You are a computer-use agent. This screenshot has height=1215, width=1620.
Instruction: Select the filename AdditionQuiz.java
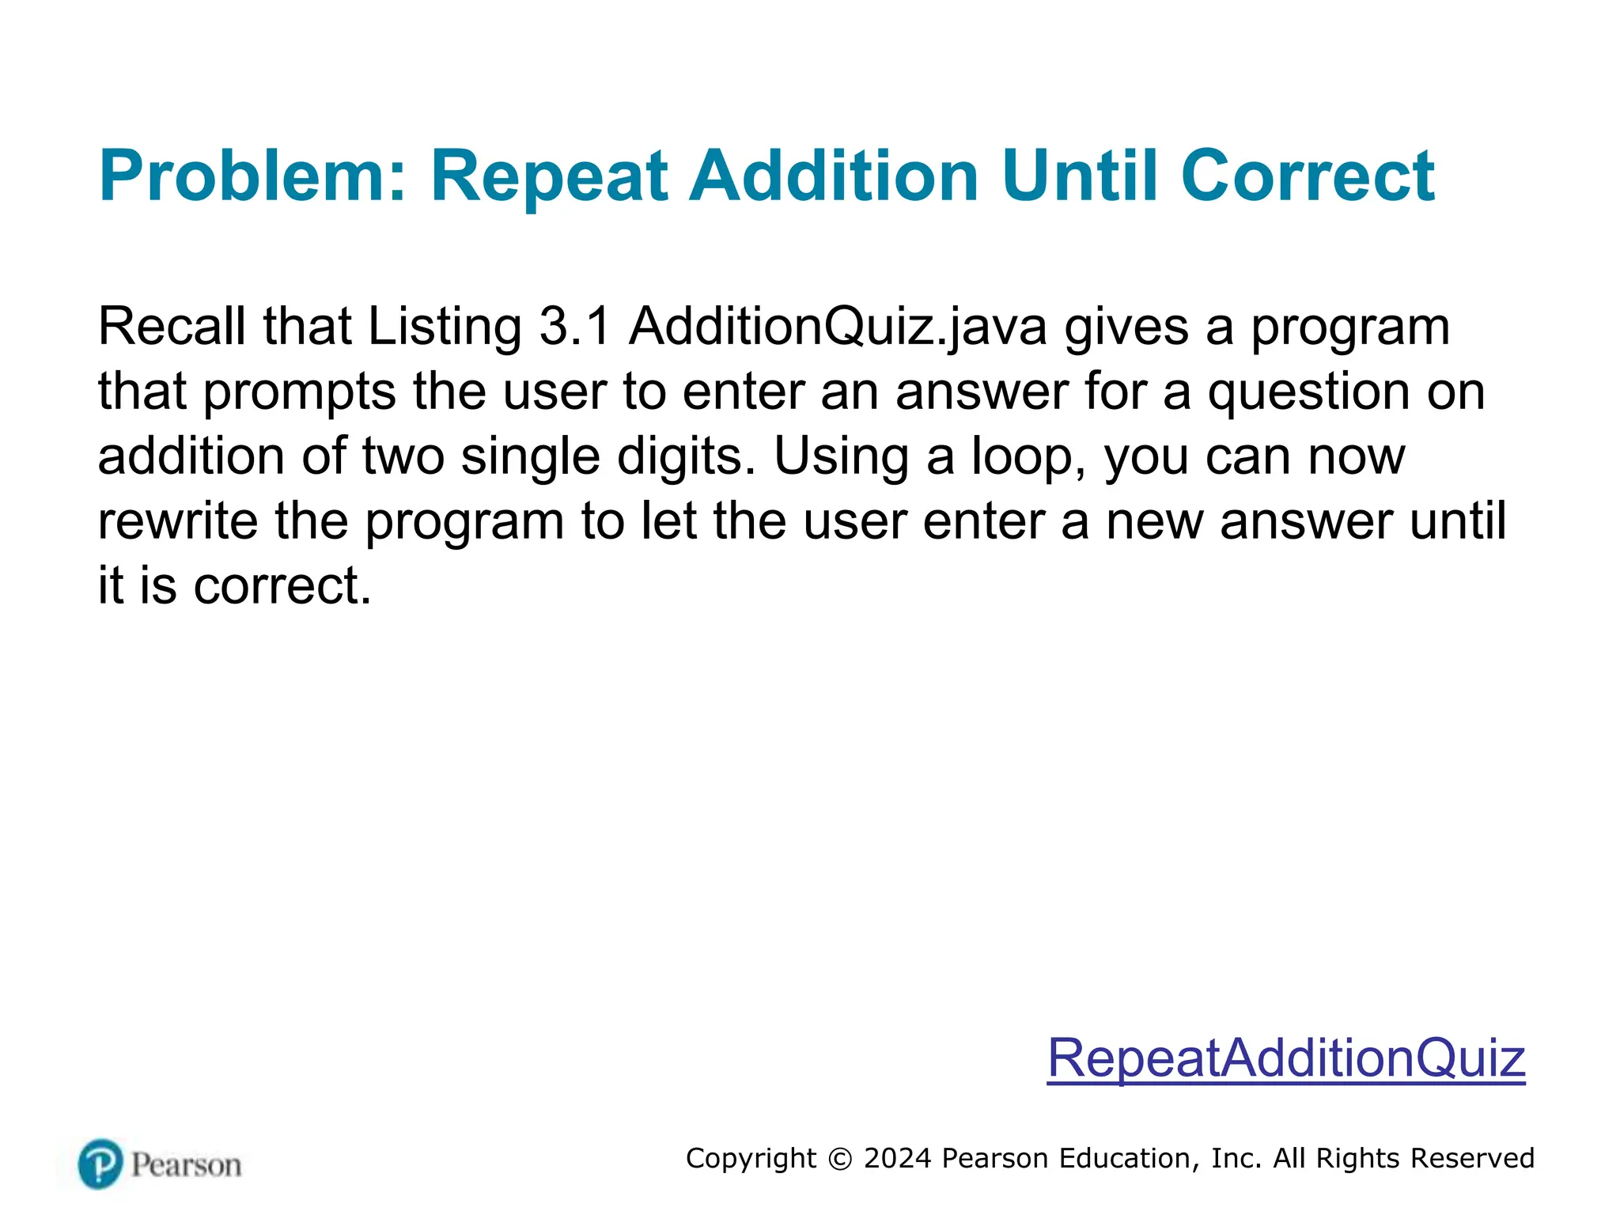[838, 327]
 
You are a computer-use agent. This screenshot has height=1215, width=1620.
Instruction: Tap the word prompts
[300, 392]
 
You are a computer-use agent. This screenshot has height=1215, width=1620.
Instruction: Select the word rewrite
[178, 521]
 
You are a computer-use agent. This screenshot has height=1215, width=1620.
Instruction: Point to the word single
[530, 457]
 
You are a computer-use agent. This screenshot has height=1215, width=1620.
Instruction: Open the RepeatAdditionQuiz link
[1286, 1058]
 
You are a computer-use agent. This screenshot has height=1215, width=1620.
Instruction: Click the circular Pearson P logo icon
[100, 1164]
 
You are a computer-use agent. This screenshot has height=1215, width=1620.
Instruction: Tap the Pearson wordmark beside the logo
[187, 1165]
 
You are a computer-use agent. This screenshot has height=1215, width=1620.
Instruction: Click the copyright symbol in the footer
[840, 1159]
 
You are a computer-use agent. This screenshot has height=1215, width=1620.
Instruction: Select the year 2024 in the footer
[898, 1158]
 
